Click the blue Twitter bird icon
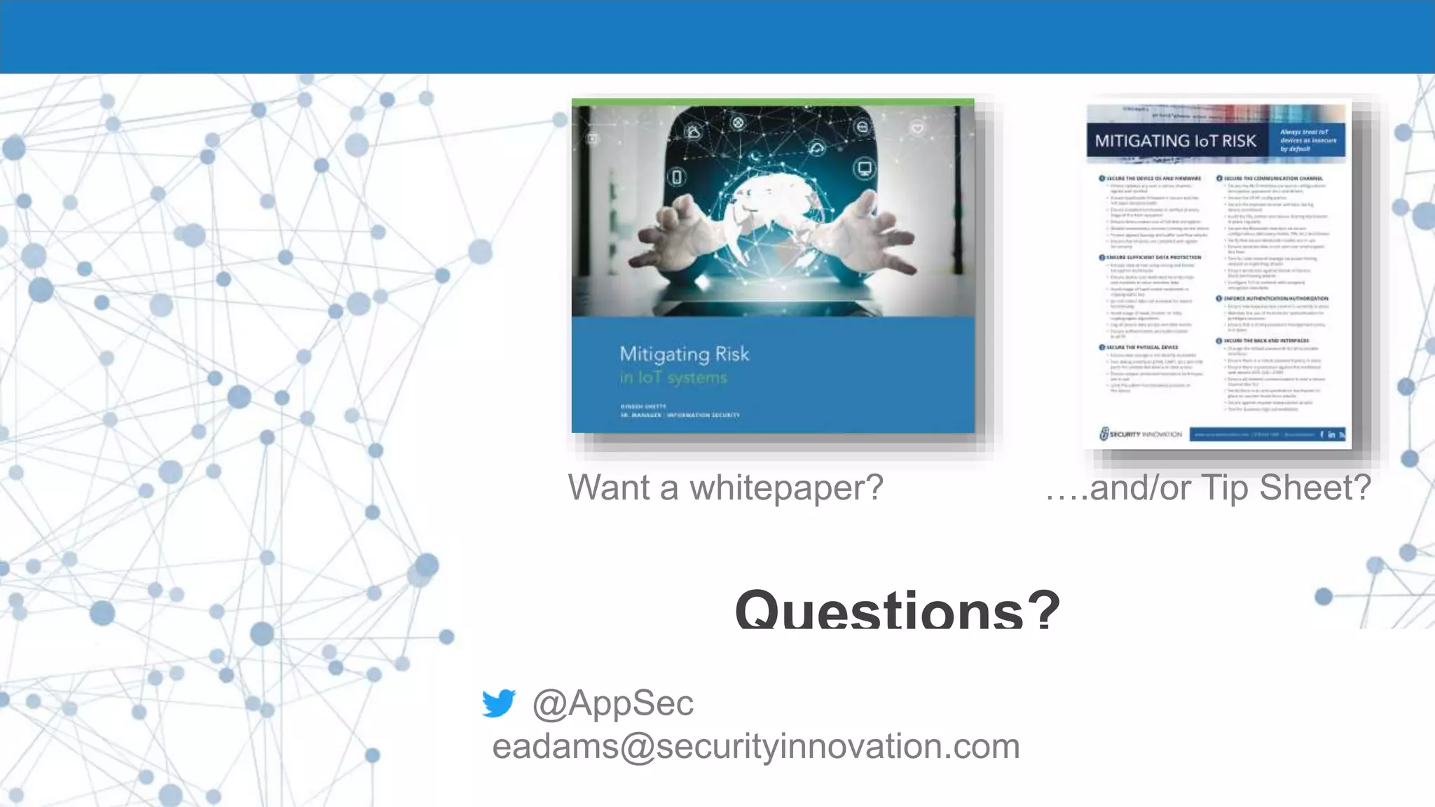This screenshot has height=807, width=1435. click(x=499, y=703)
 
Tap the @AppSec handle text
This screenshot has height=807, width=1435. click(x=613, y=703)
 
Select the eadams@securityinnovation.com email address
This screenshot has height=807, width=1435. click(x=755, y=747)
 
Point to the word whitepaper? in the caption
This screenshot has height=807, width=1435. click(x=786, y=488)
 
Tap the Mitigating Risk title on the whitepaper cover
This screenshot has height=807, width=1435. click(x=684, y=354)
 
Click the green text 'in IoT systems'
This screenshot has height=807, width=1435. click(x=673, y=378)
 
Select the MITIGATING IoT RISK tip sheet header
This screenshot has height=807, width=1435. click(x=1175, y=141)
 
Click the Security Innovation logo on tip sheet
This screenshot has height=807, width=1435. click(x=1140, y=434)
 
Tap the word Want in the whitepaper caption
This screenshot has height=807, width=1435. click(x=609, y=488)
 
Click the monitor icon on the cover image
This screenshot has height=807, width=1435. click(x=865, y=169)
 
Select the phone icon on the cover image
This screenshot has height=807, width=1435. click(x=677, y=177)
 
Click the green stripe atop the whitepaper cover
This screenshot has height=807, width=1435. click(x=772, y=102)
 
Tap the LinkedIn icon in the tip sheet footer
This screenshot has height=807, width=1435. click(x=1331, y=434)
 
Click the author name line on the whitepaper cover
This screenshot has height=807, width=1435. click(x=643, y=406)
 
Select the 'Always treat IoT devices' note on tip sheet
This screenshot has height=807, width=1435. click(x=1307, y=140)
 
